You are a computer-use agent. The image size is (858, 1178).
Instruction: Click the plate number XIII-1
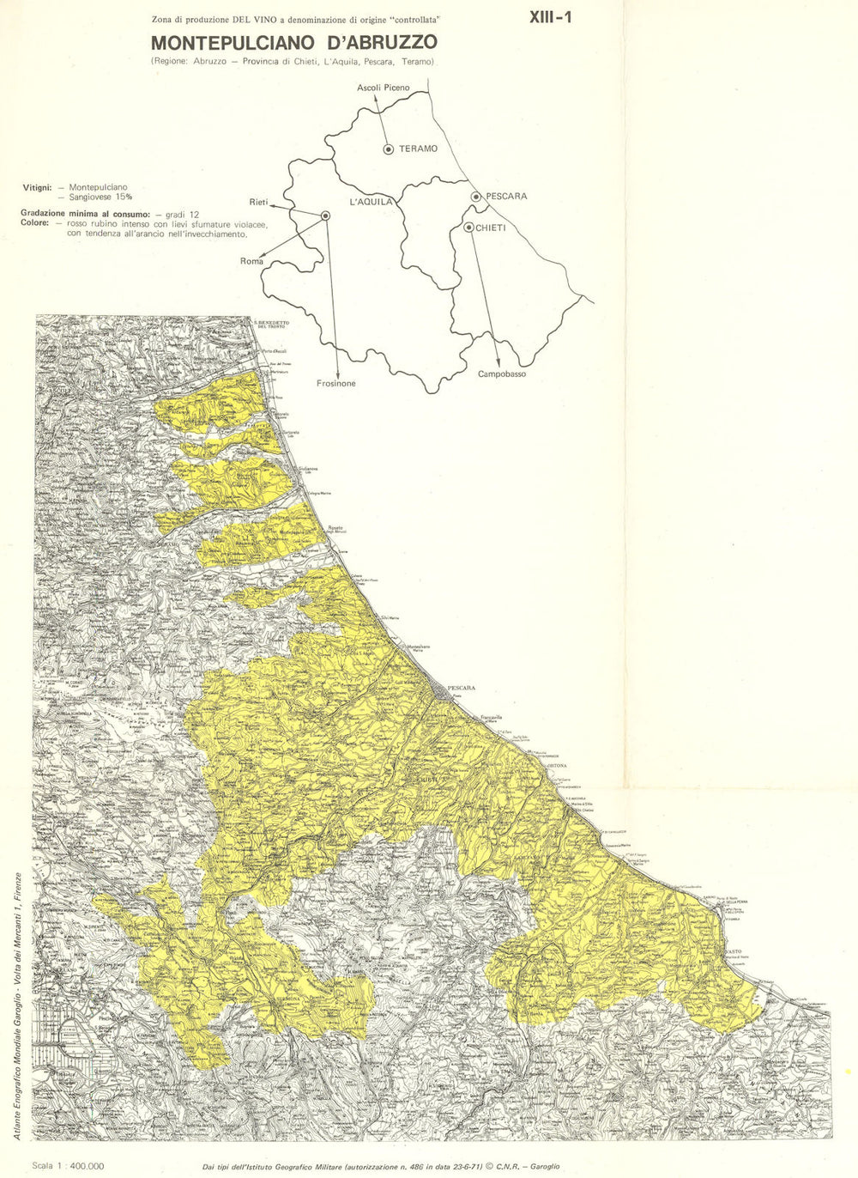[x=551, y=15]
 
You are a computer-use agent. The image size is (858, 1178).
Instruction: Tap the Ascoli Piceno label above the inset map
[x=384, y=88]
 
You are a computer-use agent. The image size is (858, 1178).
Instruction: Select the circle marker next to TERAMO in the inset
[x=389, y=149]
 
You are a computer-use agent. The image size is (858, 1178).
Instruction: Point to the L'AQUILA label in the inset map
[x=372, y=202]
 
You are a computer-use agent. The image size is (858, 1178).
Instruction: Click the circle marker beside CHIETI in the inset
[x=468, y=228]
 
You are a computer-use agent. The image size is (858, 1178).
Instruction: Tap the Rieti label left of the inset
[x=258, y=203]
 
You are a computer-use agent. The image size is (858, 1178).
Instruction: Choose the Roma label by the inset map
[x=251, y=261]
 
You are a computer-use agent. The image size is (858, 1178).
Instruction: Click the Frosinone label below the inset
[x=335, y=384]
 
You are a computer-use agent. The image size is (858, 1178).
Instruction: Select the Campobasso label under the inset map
[x=502, y=374]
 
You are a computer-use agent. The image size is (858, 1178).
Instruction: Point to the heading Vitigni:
[x=38, y=186]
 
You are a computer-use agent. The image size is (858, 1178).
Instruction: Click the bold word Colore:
[x=36, y=223]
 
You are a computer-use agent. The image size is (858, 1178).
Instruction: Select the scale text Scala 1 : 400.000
[x=68, y=1166]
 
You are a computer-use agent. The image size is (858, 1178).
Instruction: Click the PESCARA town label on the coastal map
[x=461, y=688]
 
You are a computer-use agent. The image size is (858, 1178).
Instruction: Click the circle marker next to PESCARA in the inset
[x=476, y=197]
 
